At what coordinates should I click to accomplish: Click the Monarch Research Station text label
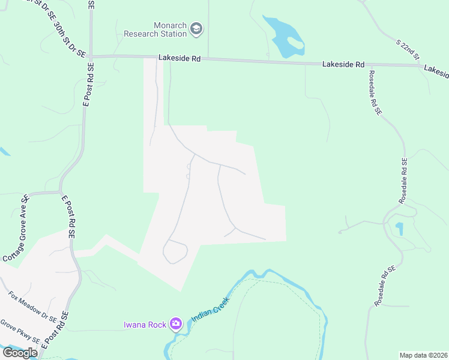[155, 29]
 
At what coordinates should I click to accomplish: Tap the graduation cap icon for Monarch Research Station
[196, 28]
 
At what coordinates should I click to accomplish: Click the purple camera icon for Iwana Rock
[176, 325]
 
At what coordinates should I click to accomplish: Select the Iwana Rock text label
[145, 325]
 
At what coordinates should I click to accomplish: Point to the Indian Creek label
[210, 310]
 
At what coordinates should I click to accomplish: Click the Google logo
[19, 353]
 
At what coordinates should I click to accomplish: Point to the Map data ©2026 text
[423, 355]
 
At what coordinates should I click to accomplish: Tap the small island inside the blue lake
[295, 44]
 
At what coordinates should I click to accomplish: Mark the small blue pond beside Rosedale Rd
[400, 229]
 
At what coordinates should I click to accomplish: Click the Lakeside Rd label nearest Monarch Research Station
[179, 58]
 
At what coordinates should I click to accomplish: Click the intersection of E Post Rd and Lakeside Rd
[91, 56]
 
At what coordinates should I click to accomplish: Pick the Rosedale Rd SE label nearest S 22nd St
[375, 93]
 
